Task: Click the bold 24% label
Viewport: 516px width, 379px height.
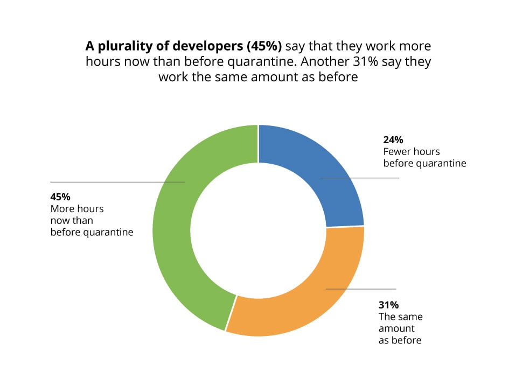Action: pos(393,139)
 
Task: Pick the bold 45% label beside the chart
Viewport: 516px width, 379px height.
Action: pos(60,196)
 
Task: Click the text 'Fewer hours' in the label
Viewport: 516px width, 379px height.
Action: pos(412,151)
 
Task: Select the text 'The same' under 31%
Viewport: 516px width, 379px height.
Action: pos(401,316)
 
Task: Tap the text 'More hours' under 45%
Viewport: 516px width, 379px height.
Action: pos(77,208)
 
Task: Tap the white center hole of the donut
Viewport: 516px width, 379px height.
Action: pos(258,230)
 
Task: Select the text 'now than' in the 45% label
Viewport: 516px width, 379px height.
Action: pos(72,220)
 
